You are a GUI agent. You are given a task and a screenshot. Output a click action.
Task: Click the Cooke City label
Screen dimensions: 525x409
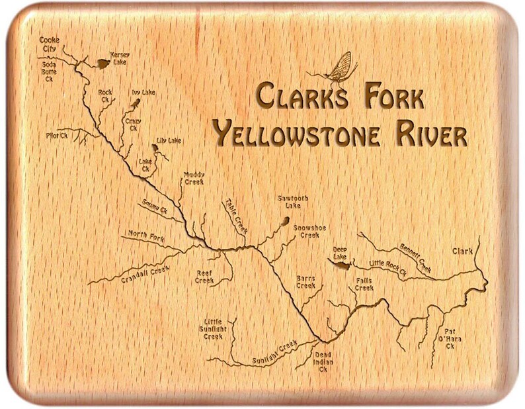point(50,44)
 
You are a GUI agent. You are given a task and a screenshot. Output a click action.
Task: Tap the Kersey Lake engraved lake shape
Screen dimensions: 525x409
point(102,64)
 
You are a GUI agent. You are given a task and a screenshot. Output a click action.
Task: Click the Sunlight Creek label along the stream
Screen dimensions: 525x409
point(272,355)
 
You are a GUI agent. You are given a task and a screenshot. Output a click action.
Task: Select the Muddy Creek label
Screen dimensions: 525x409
point(193,178)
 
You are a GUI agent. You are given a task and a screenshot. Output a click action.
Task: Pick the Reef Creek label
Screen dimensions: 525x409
point(204,277)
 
